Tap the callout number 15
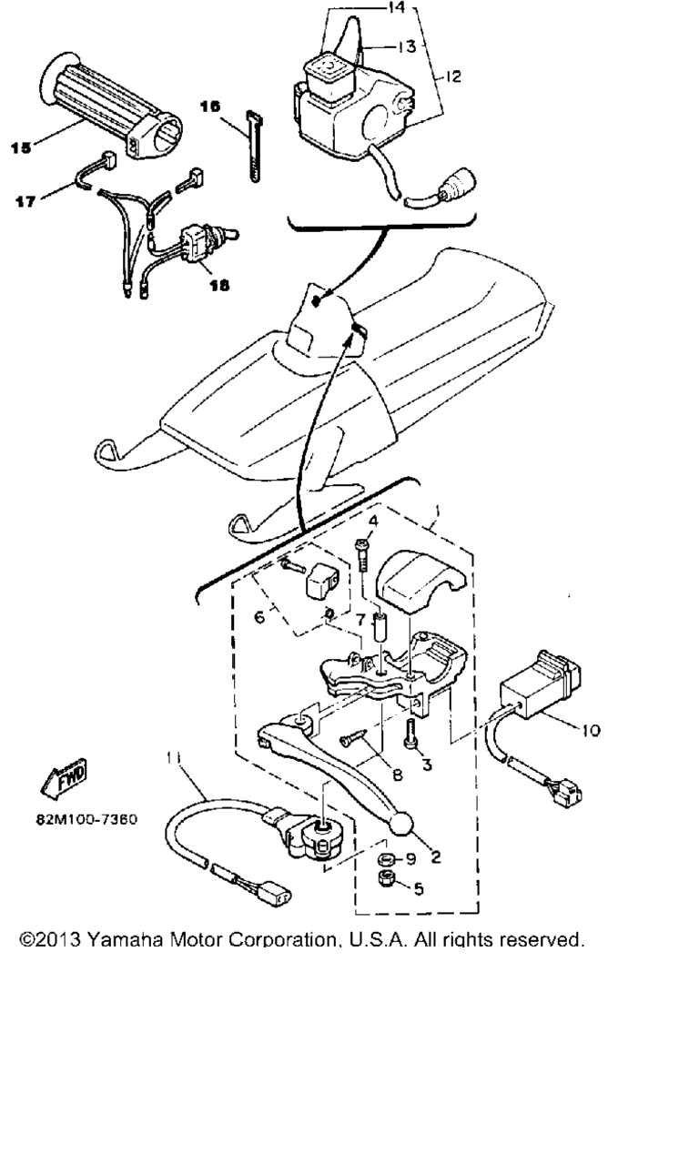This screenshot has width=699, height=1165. [x=21, y=147]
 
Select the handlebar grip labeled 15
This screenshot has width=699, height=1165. [x=111, y=106]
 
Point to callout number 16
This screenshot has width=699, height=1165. [x=210, y=106]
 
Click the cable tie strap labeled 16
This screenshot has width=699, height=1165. [x=254, y=147]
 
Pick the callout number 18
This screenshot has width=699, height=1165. [x=219, y=285]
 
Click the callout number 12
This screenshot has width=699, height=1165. [x=453, y=76]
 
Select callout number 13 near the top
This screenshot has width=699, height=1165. [x=407, y=46]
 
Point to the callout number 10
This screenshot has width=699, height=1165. [x=591, y=731]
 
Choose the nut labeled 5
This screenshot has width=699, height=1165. [x=386, y=878]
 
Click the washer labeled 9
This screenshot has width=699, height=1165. [x=386, y=858]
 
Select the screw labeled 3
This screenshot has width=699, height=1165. [x=410, y=734]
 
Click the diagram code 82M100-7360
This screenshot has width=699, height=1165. [x=86, y=820]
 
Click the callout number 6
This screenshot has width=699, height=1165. [x=259, y=617]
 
